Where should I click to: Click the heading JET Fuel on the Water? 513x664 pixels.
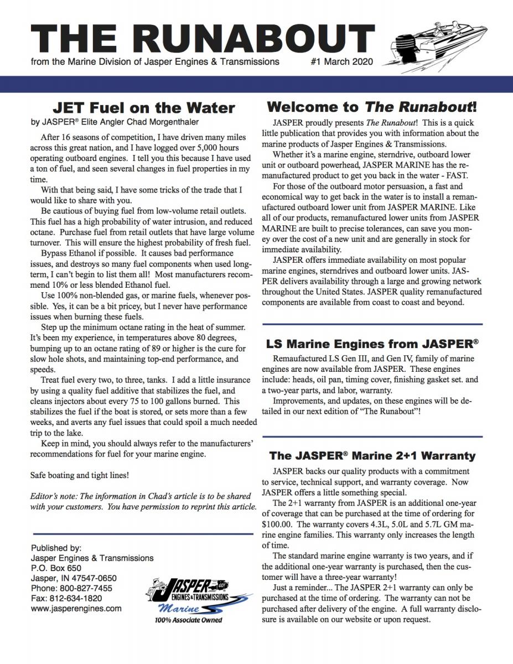(144, 107)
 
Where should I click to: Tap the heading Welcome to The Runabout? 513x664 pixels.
(372, 106)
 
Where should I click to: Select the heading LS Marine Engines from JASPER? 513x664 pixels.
(372, 344)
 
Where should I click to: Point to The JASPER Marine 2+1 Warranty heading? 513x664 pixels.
(372, 456)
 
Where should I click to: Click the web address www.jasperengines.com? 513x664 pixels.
(76, 608)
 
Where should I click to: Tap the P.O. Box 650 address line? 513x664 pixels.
(57, 568)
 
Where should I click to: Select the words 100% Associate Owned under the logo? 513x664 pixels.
(188, 620)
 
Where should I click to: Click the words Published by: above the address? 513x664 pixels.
(57, 548)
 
